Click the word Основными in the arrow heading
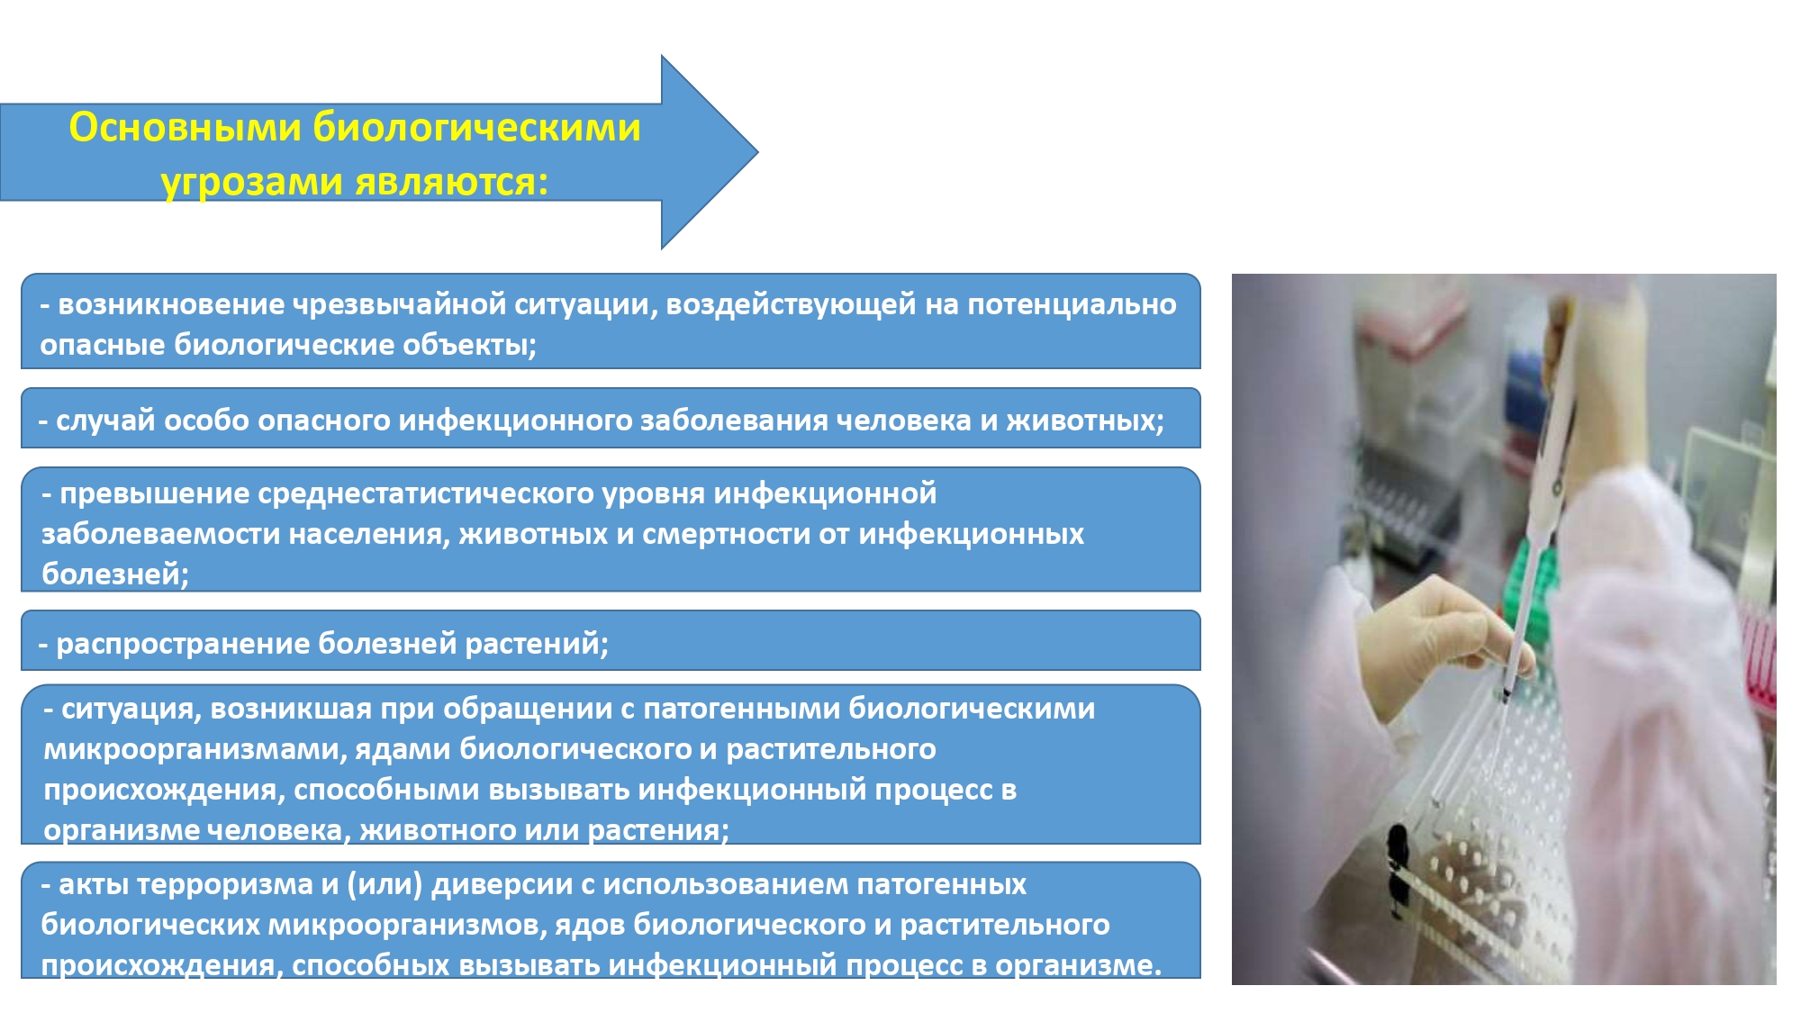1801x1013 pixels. [x=186, y=127]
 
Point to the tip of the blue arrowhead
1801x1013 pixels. [x=757, y=152]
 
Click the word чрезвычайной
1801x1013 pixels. [x=400, y=305]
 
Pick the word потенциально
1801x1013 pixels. [x=1072, y=304]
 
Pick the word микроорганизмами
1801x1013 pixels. [x=195, y=749]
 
